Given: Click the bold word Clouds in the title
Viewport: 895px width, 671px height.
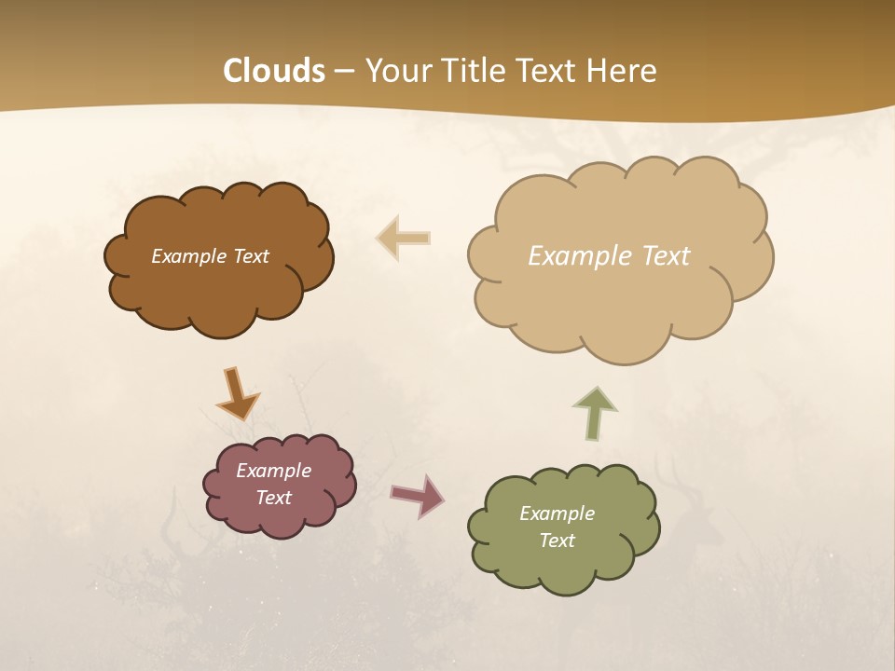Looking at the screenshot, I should tap(274, 71).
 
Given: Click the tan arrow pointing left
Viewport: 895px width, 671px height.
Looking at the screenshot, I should tap(404, 238).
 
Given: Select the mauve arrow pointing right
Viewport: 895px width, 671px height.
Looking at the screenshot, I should tap(418, 495).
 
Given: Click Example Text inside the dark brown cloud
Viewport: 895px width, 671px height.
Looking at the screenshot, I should tap(210, 256).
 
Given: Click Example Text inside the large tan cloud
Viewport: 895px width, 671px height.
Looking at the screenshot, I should tap(609, 256).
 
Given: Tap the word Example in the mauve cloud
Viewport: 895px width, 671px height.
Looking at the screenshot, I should tap(273, 471).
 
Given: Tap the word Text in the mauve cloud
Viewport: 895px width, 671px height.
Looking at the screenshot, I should tap(273, 498).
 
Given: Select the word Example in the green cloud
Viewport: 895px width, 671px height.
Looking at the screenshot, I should tap(557, 514).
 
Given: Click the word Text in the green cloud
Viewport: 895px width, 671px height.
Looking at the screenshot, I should tap(557, 541).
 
